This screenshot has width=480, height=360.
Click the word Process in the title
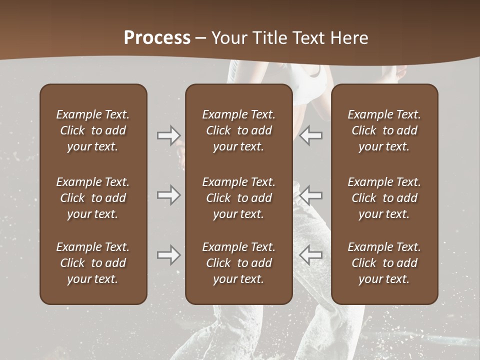157,37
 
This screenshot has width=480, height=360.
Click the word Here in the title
349,37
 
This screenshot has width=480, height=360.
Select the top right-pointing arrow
168,135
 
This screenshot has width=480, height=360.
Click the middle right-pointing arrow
168,194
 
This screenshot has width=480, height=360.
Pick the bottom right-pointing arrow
168,255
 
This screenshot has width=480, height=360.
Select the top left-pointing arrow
310,135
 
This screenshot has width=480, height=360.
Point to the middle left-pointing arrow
310,194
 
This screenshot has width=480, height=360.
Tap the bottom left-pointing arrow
310,255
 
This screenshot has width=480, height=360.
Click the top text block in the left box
93,130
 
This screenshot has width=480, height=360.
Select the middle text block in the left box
93,198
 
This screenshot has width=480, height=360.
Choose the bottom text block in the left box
93,263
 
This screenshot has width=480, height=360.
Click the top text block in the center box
238,130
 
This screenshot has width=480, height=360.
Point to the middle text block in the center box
238,198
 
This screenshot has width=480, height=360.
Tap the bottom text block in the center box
238,263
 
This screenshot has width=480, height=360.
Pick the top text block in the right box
384,130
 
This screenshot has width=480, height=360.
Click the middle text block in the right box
384,198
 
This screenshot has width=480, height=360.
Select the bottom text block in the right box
384,263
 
